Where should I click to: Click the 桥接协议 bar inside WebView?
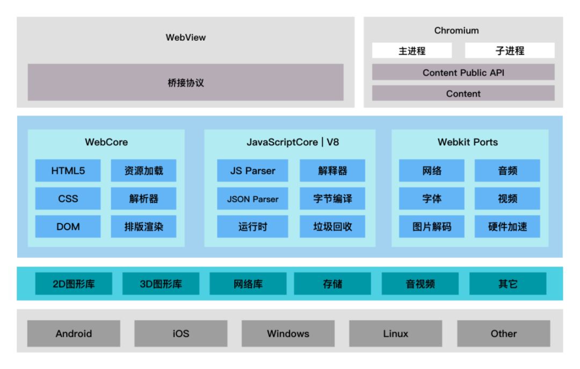[185, 83]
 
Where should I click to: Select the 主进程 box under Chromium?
[412, 51]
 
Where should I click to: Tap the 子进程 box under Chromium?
[509, 51]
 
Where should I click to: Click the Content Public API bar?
[463, 72]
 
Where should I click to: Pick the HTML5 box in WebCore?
[68, 171]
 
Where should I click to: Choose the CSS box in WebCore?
[68, 198]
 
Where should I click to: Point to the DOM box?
[68, 226]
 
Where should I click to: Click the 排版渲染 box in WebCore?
[143, 226]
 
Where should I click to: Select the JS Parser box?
[252, 171]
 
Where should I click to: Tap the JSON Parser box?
[252, 198]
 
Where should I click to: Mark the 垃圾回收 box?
[332, 226]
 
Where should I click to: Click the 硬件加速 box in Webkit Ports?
[507, 226]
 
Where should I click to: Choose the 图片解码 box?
[431, 226]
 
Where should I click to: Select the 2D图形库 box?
[74, 284]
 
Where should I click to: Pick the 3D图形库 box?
[161, 284]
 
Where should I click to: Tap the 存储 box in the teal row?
[332, 284]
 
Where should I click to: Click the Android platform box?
[74, 334]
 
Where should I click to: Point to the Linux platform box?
[395, 334]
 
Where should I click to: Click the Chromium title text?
[456, 31]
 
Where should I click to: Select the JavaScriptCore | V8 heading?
[293, 142]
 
